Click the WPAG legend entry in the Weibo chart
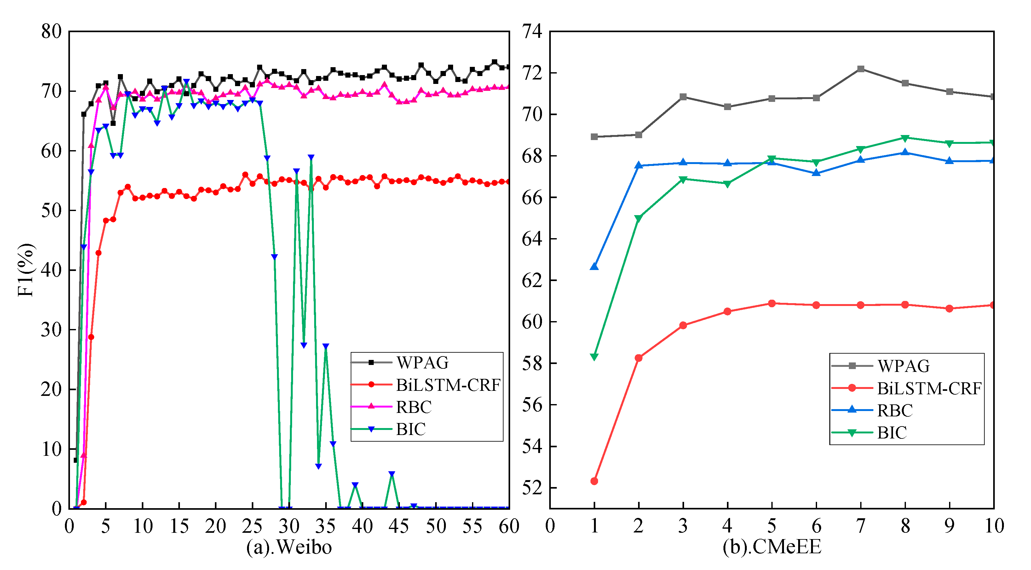(x=422, y=362)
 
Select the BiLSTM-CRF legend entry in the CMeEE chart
(x=929, y=388)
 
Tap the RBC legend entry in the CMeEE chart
(x=895, y=410)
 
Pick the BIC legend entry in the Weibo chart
(x=411, y=429)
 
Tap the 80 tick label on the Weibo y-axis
(x=51, y=31)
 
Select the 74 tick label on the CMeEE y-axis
(x=532, y=31)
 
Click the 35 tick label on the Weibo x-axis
(x=325, y=526)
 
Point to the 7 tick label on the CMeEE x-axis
(x=861, y=526)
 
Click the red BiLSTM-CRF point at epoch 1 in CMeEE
(x=594, y=481)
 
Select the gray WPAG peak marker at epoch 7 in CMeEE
(x=861, y=69)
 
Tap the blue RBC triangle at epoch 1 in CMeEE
(x=594, y=266)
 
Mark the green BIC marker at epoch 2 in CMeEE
(x=638, y=219)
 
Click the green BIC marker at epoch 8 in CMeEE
(x=905, y=138)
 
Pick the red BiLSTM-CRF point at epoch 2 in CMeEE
(x=638, y=358)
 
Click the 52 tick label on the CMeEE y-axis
(x=532, y=488)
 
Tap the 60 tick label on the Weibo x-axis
(x=509, y=526)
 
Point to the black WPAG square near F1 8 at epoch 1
(x=76, y=460)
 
